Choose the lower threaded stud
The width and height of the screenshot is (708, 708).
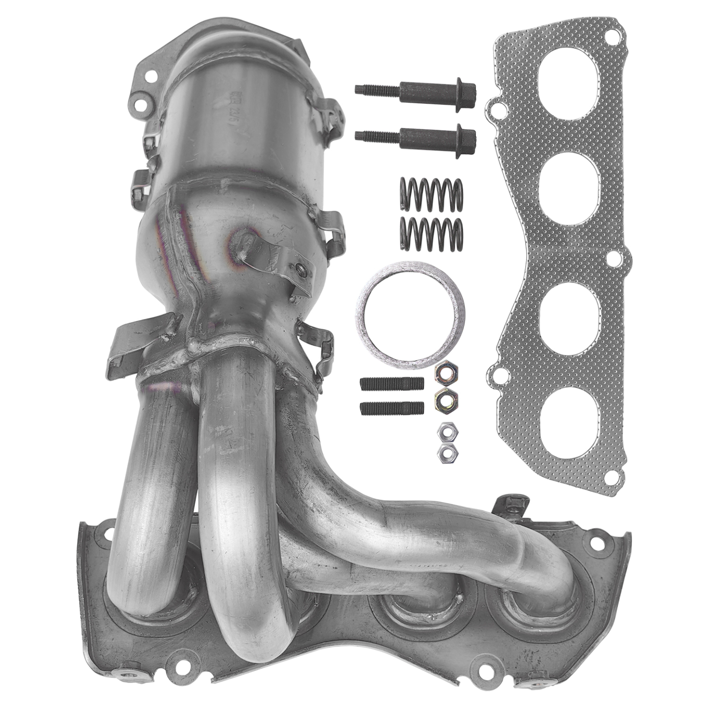pyautogui.click(x=391, y=408)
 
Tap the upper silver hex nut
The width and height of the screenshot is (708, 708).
pyautogui.click(x=447, y=432)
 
